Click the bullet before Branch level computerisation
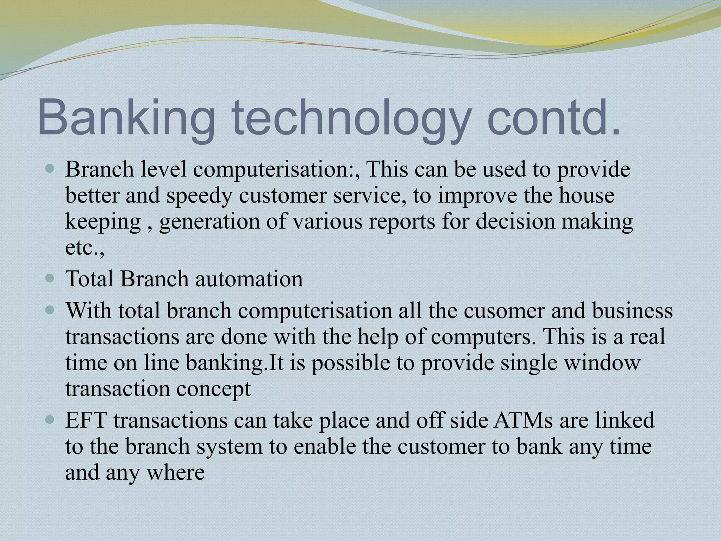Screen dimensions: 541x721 point(50,169)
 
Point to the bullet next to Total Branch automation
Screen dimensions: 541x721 point(50,279)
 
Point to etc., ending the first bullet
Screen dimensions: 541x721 point(85,249)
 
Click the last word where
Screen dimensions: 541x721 point(175,473)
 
